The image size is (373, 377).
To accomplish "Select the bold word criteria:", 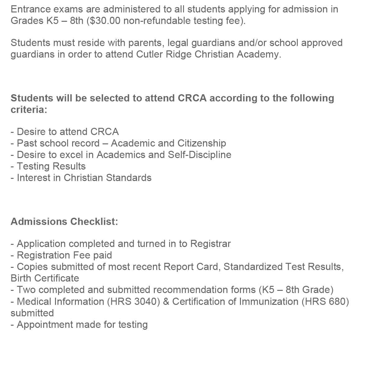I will point(29,110).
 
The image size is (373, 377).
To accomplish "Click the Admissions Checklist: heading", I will point(64,222).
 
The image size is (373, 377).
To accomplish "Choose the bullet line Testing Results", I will point(48,166).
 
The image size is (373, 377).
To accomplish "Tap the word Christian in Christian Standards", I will point(83,178).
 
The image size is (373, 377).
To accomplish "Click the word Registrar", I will point(210,244).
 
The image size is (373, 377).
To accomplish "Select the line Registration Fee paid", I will point(61,255).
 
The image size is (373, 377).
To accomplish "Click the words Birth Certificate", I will point(45,278).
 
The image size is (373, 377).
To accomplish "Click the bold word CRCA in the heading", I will point(192,98).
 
